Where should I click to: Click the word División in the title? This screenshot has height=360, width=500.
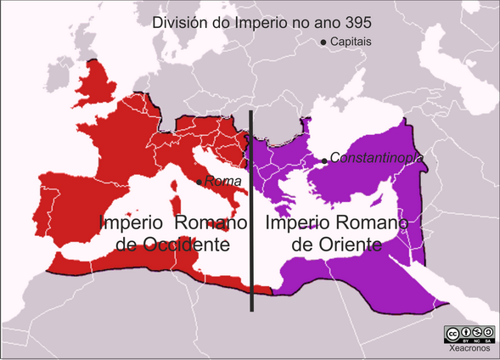pyautogui.click(x=178, y=22)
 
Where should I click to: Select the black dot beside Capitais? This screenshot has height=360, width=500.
pyautogui.click(x=323, y=42)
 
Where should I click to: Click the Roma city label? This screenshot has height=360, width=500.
pyautogui.click(x=222, y=181)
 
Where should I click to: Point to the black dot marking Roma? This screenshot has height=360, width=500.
pyautogui.click(x=199, y=182)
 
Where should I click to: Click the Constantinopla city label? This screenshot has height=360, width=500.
pyautogui.click(x=376, y=157)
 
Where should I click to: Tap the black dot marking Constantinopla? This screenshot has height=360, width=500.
pyautogui.click(x=323, y=159)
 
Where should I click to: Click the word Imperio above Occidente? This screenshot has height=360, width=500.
pyautogui.click(x=132, y=223)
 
